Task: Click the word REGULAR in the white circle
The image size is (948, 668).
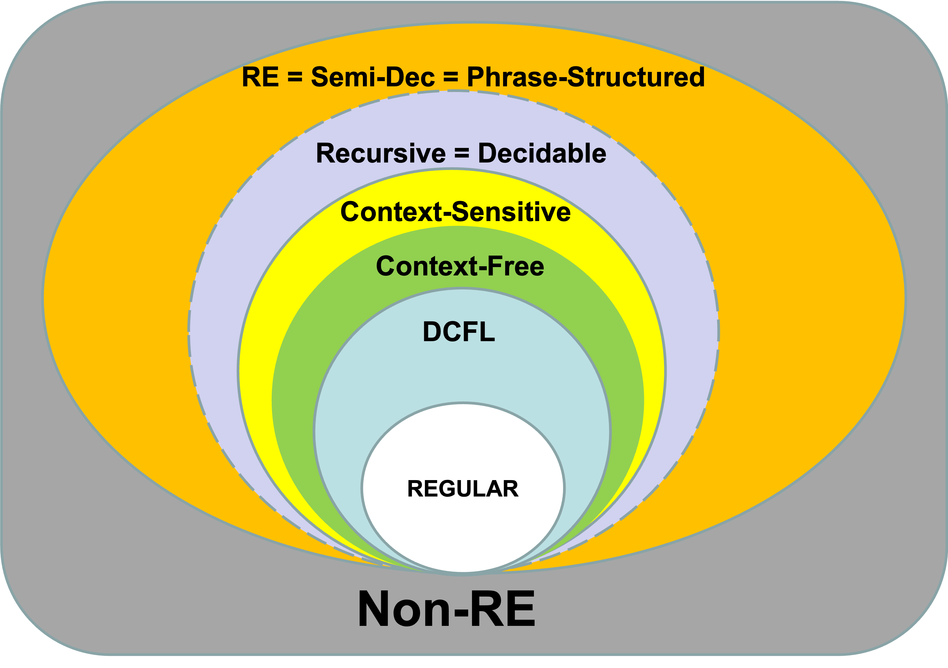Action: pyautogui.click(x=463, y=489)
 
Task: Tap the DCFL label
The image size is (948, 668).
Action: pyautogui.click(x=459, y=332)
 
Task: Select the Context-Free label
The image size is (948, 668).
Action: pyautogui.click(x=460, y=266)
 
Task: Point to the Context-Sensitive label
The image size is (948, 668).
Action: pyautogui.click(x=455, y=212)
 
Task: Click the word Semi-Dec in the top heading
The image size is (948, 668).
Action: pyautogui.click(x=373, y=77)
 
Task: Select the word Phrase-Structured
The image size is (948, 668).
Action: pyautogui.click(x=586, y=77)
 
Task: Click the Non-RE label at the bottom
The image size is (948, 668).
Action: pyautogui.click(x=446, y=609)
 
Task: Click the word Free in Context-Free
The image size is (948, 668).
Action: pyautogui.click(x=516, y=266)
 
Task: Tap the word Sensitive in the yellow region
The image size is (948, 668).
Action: pyautogui.click(x=512, y=212)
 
